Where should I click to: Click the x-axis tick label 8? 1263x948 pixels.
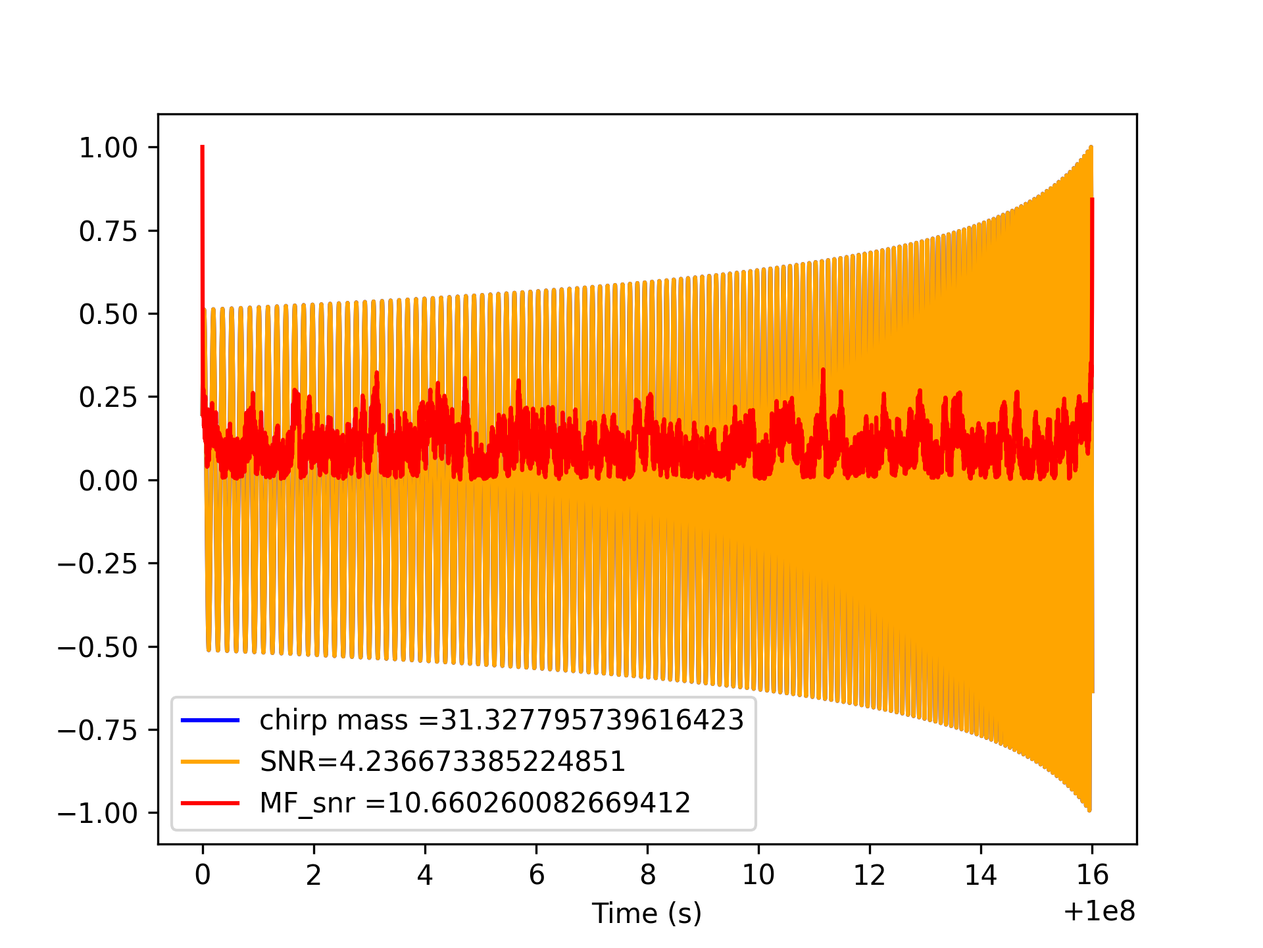pos(647,875)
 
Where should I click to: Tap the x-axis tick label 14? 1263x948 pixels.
pos(981,875)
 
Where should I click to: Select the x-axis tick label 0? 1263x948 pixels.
pos(203,875)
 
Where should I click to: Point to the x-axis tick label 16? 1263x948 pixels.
pos(1092,875)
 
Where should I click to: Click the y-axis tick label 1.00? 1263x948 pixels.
pos(109,147)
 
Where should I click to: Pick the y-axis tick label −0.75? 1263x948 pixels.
pos(99,730)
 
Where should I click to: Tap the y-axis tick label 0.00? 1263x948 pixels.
pos(109,481)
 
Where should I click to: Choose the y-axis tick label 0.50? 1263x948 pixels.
pos(109,314)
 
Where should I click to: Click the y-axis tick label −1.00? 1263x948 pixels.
pos(99,814)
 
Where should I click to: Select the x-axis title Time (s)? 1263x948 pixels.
pos(647,913)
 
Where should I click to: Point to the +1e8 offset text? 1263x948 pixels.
pos(1099,912)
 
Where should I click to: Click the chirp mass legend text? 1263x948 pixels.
pos(501,720)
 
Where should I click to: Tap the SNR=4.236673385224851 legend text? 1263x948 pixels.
pos(442,762)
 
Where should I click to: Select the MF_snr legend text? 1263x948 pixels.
pos(475,803)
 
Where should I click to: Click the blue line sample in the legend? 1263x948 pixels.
pos(210,720)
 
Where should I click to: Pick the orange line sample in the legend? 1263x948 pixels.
pos(210,762)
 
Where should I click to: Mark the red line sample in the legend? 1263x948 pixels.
pos(210,803)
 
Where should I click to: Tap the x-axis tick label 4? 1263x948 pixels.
pos(425,875)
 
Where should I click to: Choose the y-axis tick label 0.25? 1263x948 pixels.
pos(109,398)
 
